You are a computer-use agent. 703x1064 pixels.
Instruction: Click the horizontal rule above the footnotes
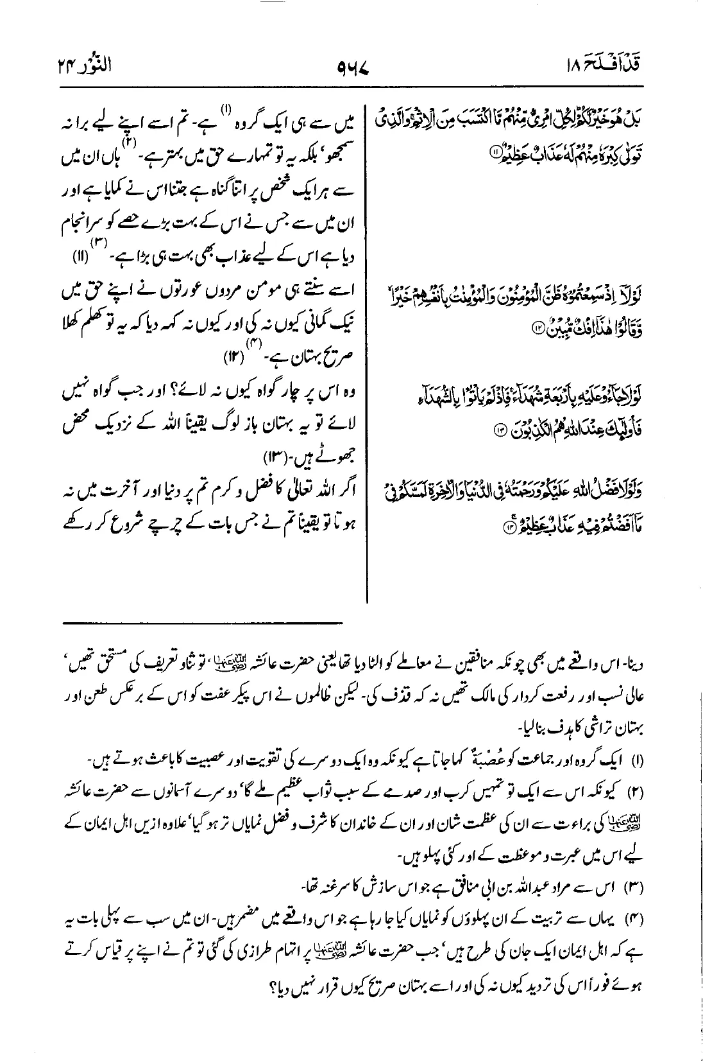click(x=203, y=622)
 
